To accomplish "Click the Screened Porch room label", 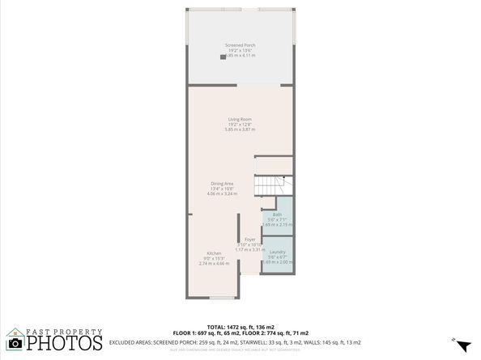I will point(240,44).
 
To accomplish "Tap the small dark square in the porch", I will point(223,57).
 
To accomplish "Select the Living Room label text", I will point(240,119).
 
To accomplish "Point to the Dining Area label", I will point(222,184).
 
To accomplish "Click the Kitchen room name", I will point(214,253).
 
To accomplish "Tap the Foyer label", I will point(250,240).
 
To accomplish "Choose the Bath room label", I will point(277,214).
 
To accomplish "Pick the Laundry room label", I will point(278,252).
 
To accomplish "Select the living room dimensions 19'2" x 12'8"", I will point(240,124).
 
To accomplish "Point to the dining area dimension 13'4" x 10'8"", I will point(222,189).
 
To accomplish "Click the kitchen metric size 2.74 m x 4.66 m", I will point(214,264).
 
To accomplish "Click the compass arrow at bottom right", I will point(462,345).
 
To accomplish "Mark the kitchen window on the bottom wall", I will point(220,297).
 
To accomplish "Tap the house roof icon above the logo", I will point(15,331).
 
